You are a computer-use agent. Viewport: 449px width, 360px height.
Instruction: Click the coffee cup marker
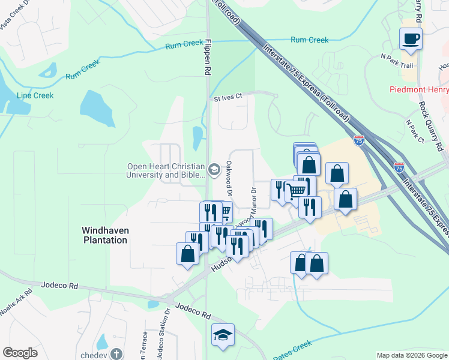click(x=411, y=40)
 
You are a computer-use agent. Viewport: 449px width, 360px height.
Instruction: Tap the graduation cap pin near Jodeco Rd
click(x=223, y=335)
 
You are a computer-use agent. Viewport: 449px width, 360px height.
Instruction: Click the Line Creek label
click(x=35, y=95)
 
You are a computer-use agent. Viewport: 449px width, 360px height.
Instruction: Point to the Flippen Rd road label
click(x=208, y=58)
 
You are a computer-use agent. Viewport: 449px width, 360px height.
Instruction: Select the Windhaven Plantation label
click(x=105, y=235)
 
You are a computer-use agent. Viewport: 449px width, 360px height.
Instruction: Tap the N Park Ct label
click(x=415, y=131)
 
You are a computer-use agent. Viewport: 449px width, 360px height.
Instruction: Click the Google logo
click(x=20, y=353)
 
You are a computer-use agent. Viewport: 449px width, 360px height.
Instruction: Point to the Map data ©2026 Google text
click(x=411, y=355)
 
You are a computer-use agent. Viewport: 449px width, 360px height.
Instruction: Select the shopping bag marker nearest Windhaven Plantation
click(x=187, y=253)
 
